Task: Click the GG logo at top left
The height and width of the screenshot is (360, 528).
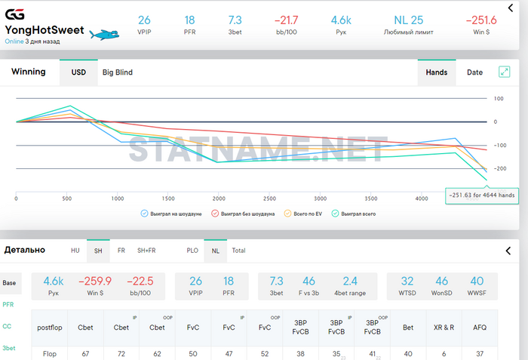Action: coord(14,15)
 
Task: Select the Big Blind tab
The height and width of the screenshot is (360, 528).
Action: coord(118,72)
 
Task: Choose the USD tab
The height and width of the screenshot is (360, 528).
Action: coord(78,72)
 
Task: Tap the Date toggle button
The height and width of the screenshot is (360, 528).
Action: coord(474,72)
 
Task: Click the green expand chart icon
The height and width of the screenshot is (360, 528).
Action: coord(505,72)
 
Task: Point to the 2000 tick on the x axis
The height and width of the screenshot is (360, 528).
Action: coord(219,198)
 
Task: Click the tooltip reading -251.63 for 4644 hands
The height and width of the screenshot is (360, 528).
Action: coord(481,195)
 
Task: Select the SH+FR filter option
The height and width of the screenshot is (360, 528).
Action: coord(146,250)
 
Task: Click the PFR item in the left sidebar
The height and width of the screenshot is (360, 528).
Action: coord(8,305)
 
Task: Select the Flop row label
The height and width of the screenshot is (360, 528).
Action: coord(49,353)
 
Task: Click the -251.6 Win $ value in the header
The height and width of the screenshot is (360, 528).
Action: coord(480,20)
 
